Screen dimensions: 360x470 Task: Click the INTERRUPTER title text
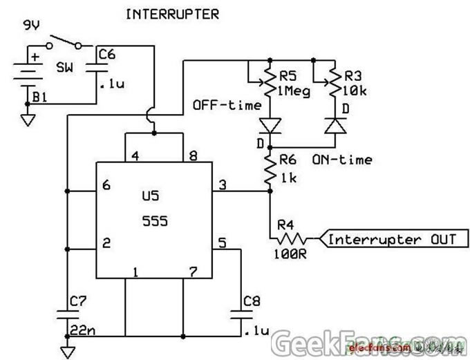tap(173, 14)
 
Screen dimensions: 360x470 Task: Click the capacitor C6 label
tap(108, 53)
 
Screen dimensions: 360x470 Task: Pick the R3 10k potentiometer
tap(336, 82)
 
